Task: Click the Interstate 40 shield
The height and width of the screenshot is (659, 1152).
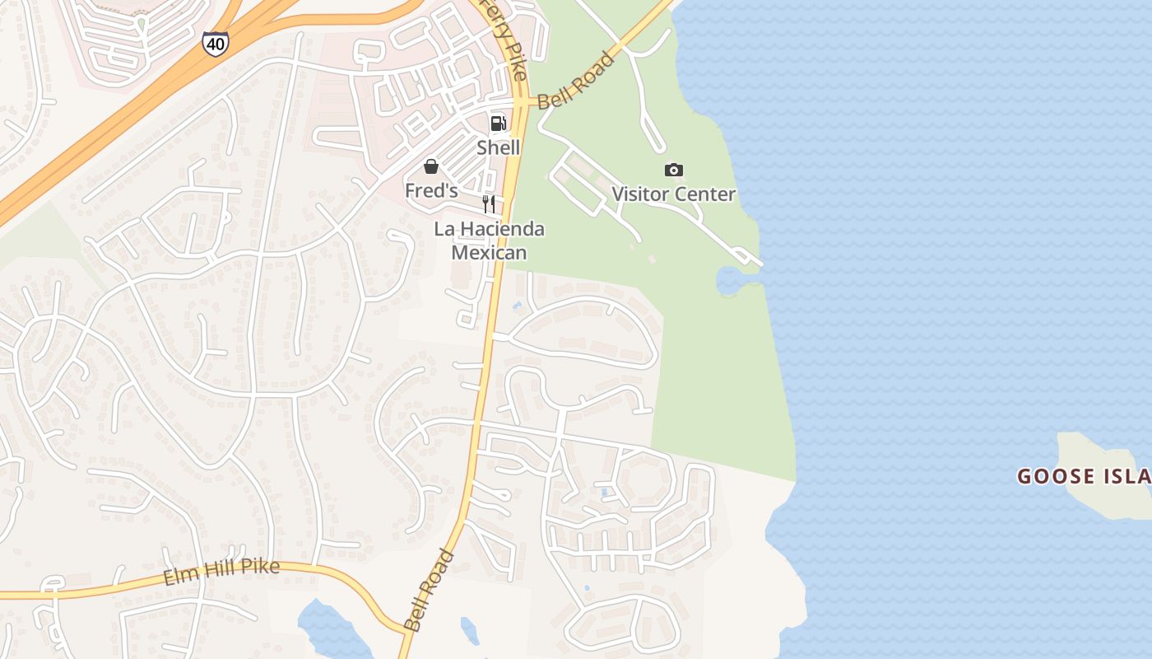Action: coord(215,44)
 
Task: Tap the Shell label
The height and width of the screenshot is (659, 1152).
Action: coord(498,147)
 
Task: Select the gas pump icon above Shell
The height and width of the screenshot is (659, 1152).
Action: coord(498,124)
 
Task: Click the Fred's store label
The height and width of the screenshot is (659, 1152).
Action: coord(431,190)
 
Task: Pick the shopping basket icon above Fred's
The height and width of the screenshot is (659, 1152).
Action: coord(431,167)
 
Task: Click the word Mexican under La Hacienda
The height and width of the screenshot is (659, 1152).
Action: coord(489,252)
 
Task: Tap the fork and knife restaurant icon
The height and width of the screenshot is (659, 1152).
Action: coord(489,204)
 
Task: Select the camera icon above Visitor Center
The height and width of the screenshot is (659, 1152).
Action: coord(673,170)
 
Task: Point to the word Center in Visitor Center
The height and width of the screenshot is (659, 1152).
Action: coord(705,194)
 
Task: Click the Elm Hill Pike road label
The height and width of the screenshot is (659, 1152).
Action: coord(221,571)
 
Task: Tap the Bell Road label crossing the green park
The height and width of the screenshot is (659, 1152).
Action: coord(577,81)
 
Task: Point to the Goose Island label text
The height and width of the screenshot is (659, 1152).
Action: coord(1083,476)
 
